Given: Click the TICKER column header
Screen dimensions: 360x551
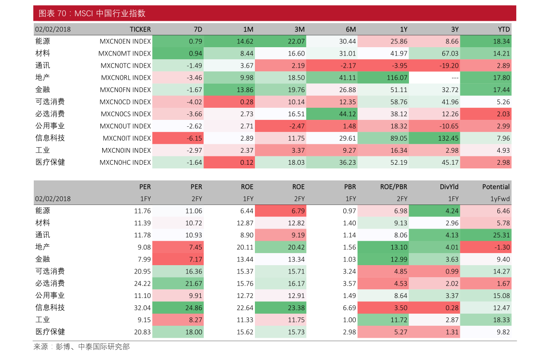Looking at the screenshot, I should [x=140, y=29].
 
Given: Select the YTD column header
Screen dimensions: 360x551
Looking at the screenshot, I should [x=504, y=29].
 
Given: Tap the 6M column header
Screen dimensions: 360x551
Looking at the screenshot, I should [x=351, y=29].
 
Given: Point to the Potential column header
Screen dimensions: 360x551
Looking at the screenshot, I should [x=495, y=187].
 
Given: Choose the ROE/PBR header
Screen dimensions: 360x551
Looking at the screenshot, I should [x=394, y=187].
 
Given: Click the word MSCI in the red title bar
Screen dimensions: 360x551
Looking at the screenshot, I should [x=84, y=13].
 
